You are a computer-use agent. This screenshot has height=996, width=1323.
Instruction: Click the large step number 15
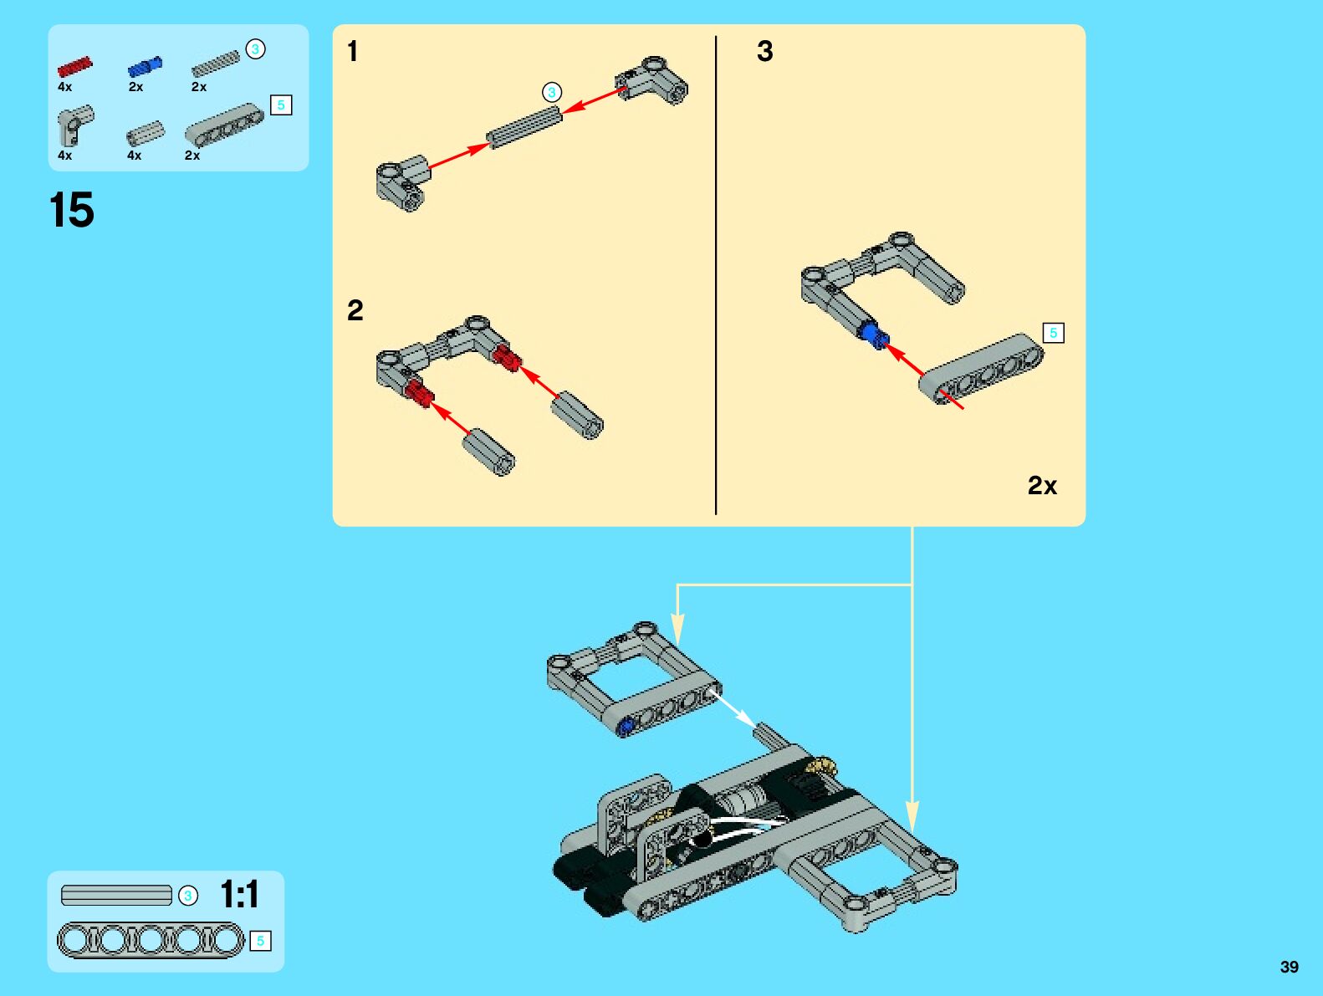[72, 210]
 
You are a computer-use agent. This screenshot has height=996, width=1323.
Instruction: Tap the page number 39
[1290, 967]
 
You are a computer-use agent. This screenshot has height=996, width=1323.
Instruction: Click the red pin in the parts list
[74, 66]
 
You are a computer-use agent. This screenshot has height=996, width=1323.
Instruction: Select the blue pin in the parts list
[145, 66]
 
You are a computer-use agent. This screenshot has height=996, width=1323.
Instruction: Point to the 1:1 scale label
[239, 894]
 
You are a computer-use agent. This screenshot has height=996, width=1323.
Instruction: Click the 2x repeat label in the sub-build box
[1042, 486]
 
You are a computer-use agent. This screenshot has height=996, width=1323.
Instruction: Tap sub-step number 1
[353, 51]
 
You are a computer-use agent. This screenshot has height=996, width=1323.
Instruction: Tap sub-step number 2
[355, 310]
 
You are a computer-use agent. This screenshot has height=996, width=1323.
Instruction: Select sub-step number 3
[765, 51]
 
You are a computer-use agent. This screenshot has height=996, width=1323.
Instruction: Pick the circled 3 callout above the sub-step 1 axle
[551, 92]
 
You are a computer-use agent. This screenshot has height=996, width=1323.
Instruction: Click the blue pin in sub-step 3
[873, 335]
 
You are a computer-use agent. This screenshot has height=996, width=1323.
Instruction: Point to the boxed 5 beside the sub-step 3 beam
[1054, 333]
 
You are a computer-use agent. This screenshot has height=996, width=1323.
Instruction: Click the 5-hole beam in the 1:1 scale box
[151, 940]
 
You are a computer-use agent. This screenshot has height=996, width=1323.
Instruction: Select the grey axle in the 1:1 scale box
[116, 895]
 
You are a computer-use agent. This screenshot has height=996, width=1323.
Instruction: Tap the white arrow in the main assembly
[732, 709]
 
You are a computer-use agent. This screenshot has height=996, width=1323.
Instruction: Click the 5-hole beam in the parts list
[224, 125]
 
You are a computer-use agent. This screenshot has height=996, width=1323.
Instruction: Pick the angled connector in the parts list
[75, 125]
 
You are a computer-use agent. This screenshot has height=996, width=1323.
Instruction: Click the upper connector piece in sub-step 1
[651, 80]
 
